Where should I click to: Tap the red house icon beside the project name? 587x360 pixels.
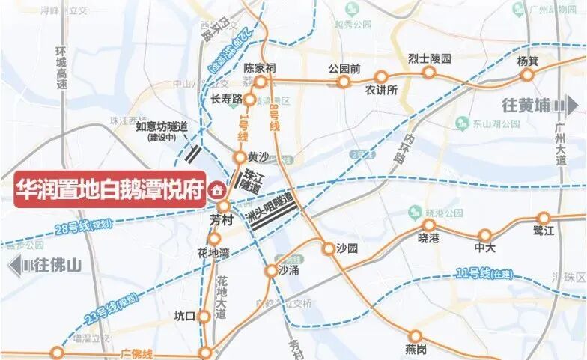click(x=218, y=189)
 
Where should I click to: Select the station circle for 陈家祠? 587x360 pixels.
click(x=261, y=82)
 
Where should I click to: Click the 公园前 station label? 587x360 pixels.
click(x=344, y=69)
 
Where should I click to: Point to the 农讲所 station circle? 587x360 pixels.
click(x=381, y=76)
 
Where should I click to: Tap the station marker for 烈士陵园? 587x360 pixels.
click(x=429, y=72)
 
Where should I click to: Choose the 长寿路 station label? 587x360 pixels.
click(x=226, y=99)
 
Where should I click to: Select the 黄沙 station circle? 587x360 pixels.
click(x=240, y=157)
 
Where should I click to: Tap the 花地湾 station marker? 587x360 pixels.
click(x=214, y=239)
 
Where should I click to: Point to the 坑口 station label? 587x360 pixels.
click(x=183, y=316)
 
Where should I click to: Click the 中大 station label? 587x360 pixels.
click(x=485, y=248)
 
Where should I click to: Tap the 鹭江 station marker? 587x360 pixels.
click(x=544, y=219)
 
